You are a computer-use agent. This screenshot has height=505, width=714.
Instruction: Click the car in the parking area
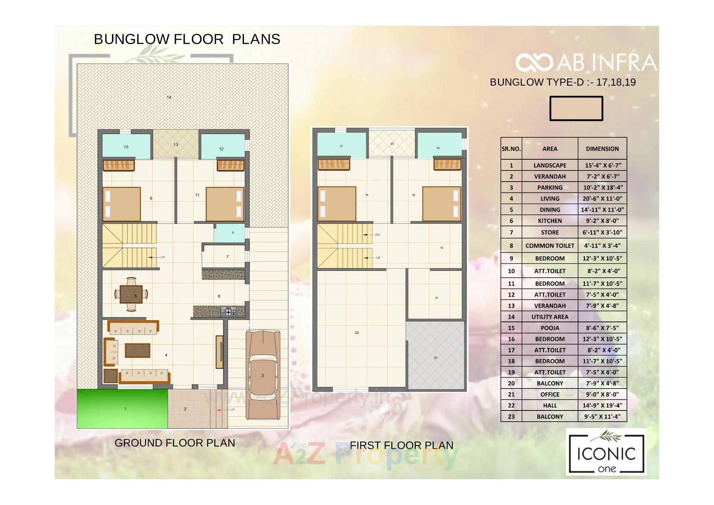(x=263, y=375)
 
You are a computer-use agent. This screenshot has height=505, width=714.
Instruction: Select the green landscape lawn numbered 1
(x=122, y=409)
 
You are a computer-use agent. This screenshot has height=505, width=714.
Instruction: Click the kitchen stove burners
(x=228, y=312)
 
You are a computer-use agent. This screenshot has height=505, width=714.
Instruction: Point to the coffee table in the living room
(x=138, y=350)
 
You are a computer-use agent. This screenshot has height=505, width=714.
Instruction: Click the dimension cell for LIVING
(x=602, y=198)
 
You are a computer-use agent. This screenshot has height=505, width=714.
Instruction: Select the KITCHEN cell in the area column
(x=550, y=221)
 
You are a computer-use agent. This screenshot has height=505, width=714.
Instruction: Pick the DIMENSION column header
(x=602, y=148)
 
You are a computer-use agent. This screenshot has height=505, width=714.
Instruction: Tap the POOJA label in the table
(x=550, y=328)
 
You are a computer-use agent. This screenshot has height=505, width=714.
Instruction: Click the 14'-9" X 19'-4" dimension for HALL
(x=602, y=405)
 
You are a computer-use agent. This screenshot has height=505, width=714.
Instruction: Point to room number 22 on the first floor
(x=357, y=332)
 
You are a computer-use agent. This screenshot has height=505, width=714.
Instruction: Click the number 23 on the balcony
(x=435, y=358)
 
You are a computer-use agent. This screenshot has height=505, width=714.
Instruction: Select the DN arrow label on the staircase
(x=377, y=235)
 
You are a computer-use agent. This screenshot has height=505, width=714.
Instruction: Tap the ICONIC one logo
(x=606, y=453)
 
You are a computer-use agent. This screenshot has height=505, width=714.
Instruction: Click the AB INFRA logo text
(x=586, y=63)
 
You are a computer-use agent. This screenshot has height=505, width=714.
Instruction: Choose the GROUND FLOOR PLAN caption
(x=175, y=443)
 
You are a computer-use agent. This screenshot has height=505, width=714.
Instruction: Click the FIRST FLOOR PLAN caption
(x=402, y=445)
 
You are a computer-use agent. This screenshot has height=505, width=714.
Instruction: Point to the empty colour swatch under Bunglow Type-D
(x=576, y=108)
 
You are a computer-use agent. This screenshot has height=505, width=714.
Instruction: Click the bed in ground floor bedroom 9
(x=122, y=204)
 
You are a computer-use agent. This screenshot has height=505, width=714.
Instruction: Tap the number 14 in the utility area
(x=169, y=98)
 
